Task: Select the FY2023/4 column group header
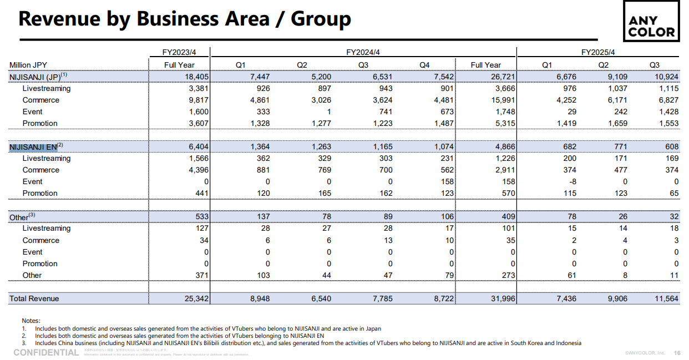pos(179,52)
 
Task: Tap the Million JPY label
pos(28,65)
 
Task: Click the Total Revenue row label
pos(34,298)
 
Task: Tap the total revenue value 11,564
pos(666,298)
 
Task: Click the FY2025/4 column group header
pos(598,52)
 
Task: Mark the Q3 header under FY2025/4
pos(654,65)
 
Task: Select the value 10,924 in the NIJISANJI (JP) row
pos(666,77)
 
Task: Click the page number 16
pos(677,353)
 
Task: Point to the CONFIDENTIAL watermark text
pos(46,353)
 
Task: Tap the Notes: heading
pos(31,321)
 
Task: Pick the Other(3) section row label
pos(22,217)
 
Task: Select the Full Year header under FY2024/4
pos(485,65)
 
